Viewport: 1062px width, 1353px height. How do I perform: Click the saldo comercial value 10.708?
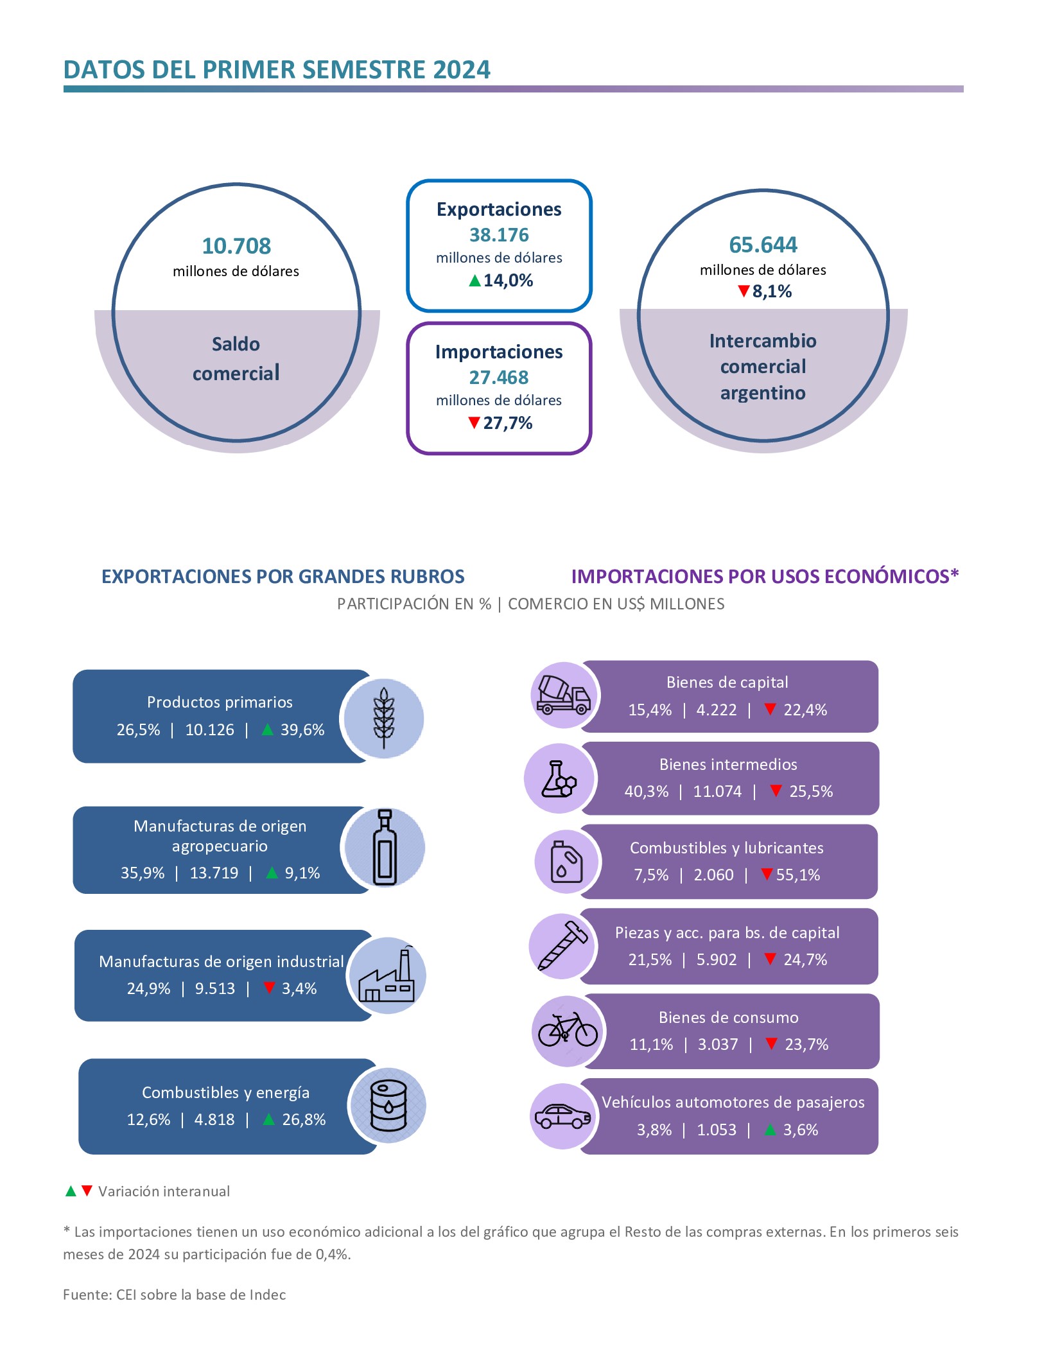(x=236, y=246)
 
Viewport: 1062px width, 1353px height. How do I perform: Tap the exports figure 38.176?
(x=499, y=235)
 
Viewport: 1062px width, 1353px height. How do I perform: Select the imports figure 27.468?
(x=499, y=378)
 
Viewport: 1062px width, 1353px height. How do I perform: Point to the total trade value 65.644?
(x=763, y=245)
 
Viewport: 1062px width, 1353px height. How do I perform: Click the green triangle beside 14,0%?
(x=474, y=281)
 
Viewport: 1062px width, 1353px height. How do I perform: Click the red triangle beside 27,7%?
(x=474, y=423)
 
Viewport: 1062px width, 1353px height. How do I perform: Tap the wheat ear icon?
(x=384, y=718)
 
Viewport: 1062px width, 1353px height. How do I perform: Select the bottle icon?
(x=385, y=848)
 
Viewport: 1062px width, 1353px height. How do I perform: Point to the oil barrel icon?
(x=388, y=1106)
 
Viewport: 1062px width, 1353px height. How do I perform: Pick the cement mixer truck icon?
(x=563, y=695)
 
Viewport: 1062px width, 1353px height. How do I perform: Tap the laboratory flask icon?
(x=559, y=779)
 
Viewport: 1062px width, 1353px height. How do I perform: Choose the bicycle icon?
(x=568, y=1029)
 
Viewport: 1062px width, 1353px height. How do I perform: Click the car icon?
(x=562, y=1117)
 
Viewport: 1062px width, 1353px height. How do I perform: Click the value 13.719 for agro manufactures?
(x=214, y=873)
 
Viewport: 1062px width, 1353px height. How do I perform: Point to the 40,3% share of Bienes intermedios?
(x=646, y=792)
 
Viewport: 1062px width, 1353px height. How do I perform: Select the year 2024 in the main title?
(x=461, y=70)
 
